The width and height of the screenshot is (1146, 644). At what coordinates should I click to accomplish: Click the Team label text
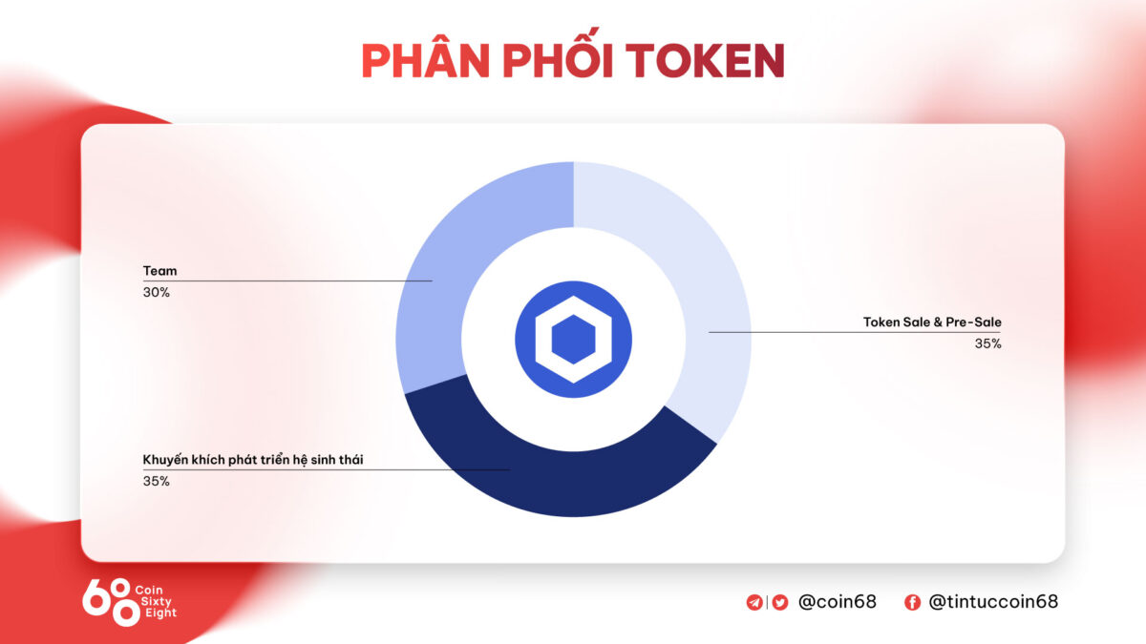(x=159, y=271)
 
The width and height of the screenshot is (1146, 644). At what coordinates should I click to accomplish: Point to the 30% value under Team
(x=157, y=293)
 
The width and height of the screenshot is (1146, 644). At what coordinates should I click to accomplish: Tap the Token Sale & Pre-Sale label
(x=932, y=322)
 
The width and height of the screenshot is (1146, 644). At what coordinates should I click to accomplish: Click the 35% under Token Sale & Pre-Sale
(x=987, y=343)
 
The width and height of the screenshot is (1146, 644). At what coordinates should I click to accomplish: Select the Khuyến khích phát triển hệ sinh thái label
(x=253, y=460)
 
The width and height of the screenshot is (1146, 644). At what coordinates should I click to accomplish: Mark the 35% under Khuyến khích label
(x=157, y=482)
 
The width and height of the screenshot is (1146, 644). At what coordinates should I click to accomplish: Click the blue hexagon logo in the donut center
(x=573, y=340)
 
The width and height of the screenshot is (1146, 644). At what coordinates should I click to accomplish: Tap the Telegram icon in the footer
(x=755, y=602)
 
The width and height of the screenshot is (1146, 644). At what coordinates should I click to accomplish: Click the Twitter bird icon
(x=779, y=602)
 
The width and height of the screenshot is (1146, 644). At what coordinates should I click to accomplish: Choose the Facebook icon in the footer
(x=912, y=602)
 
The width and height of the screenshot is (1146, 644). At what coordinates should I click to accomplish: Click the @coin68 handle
(x=837, y=602)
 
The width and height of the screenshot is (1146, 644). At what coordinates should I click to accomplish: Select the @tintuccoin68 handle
(x=993, y=602)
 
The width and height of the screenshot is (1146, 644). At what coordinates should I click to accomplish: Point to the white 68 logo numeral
(x=110, y=602)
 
